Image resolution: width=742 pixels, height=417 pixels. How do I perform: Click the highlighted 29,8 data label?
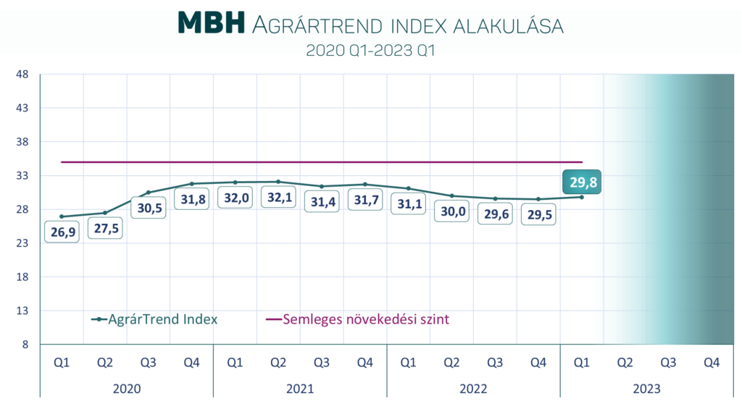(x=582, y=182)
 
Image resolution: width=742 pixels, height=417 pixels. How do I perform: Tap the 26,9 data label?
(x=62, y=233)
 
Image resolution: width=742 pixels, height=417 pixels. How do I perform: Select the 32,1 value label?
(x=278, y=198)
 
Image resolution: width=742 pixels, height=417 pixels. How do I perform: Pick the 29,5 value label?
(x=538, y=214)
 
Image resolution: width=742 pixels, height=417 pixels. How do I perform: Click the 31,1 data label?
(x=408, y=204)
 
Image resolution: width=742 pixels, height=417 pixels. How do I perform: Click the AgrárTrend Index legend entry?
(x=154, y=319)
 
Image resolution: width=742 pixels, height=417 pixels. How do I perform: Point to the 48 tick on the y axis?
(x=22, y=74)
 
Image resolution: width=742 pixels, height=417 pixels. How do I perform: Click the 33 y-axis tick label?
(x=22, y=176)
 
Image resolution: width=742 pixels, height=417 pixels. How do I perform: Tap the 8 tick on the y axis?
(x=25, y=345)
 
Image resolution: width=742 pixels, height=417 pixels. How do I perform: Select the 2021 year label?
(x=300, y=389)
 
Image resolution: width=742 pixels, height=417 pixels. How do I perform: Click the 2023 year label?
(x=647, y=389)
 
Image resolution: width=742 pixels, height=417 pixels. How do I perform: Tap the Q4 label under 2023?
(x=712, y=362)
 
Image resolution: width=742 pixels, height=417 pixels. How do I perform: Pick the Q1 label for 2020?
(x=62, y=362)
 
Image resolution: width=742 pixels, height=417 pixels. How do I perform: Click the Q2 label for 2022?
(x=451, y=362)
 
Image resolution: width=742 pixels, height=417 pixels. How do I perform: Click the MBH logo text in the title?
(x=212, y=23)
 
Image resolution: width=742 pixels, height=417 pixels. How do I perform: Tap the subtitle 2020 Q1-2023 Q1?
(x=370, y=51)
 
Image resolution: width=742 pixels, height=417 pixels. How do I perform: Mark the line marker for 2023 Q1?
(x=582, y=197)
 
